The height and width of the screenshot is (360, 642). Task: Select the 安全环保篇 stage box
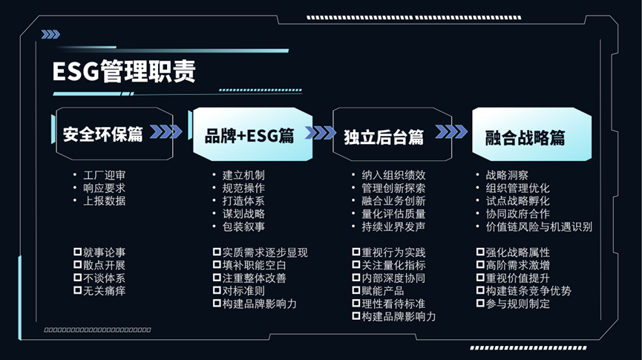[x=103, y=134]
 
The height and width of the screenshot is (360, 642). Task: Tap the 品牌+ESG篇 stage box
[x=249, y=135]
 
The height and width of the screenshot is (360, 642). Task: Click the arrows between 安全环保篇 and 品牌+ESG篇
[x=166, y=132]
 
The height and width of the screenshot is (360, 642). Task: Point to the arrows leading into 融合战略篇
[x=451, y=132]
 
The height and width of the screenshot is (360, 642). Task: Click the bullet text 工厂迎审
[x=104, y=175]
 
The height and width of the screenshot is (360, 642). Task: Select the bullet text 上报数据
[x=104, y=200]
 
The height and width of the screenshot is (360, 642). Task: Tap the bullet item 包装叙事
[x=243, y=226]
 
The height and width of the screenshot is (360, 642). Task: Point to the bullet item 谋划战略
[x=243, y=214]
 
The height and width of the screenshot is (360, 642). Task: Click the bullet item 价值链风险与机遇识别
[x=538, y=226]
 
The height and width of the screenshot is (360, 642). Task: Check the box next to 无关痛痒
[x=77, y=291]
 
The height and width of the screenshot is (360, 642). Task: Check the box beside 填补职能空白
[x=217, y=265]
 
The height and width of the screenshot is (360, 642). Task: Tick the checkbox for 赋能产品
[x=356, y=291]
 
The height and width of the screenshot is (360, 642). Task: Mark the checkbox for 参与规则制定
[x=479, y=304]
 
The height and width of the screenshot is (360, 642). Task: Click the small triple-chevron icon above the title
[x=50, y=34]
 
